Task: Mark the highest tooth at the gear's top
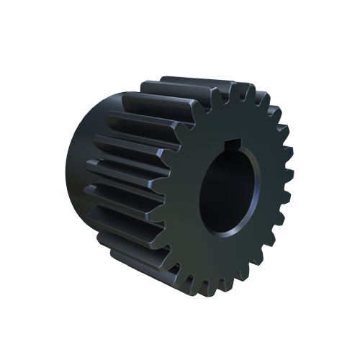coord(238,90)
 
